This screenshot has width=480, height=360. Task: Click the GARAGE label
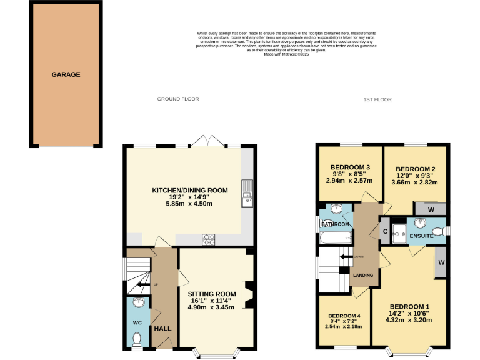66,74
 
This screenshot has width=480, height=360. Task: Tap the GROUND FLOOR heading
177,99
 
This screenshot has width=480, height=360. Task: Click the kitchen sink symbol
247,199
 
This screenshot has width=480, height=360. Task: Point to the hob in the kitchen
209,239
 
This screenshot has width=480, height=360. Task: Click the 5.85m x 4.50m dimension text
189,204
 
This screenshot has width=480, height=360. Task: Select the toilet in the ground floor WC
137,339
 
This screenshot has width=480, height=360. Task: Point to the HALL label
162,328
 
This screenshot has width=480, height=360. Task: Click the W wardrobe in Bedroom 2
433,209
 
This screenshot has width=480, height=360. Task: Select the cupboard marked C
384,232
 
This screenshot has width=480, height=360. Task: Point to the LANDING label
363,275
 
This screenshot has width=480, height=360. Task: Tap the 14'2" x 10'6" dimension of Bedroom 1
409,312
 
